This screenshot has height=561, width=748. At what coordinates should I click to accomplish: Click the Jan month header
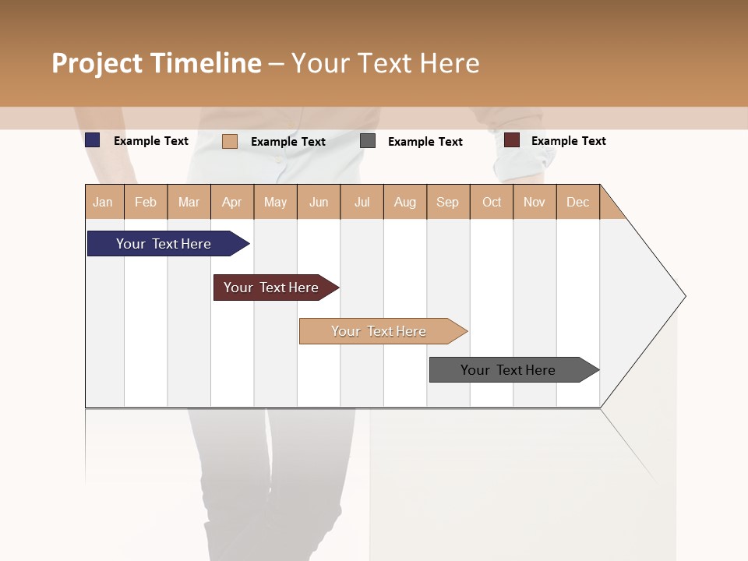pos(104,202)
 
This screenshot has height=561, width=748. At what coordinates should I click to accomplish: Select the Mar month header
pos(189,202)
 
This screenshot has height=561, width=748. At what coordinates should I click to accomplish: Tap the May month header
pos(275,202)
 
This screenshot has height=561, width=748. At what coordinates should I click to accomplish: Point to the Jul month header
pos(362,202)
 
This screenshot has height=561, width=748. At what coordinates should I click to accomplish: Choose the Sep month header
pos(447,202)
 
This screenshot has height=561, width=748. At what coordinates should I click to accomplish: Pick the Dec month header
pos(577,202)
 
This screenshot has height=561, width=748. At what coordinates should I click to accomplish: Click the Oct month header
pos(492,202)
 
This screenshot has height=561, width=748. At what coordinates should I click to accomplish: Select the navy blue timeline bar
pos(164,244)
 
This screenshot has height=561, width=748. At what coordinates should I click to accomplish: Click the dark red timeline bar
pos(272,288)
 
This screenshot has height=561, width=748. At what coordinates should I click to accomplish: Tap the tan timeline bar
pos(379,331)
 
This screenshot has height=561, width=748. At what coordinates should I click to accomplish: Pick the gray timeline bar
pos(509,370)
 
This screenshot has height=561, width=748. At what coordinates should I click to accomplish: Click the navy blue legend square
pos(93,140)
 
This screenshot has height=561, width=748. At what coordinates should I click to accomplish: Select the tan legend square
pos(230,141)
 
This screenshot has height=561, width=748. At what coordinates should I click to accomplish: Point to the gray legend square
pos(368,141)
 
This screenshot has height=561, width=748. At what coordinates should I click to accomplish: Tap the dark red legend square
pos(512,140)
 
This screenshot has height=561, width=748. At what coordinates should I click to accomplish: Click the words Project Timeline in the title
pos(157,63)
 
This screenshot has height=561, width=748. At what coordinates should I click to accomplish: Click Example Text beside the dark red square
pos(568,141)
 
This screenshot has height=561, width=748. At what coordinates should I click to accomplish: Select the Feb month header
pos(146,202)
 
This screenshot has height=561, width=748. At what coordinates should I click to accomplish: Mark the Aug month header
pos(404,202)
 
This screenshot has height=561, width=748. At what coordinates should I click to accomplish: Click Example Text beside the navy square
pos(151,141)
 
